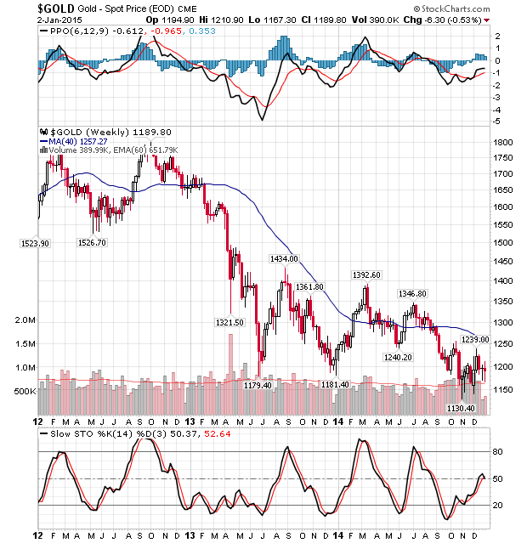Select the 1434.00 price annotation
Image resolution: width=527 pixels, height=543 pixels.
coord(283,258)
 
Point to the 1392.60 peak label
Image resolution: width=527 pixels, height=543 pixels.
coord(366,274)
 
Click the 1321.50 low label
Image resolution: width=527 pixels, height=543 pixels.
coord(229,323)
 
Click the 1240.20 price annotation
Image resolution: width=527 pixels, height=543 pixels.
coord(397,357)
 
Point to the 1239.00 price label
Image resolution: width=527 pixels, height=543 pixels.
coord(474,339)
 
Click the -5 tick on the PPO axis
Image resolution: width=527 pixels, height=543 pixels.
coord(498,122)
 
